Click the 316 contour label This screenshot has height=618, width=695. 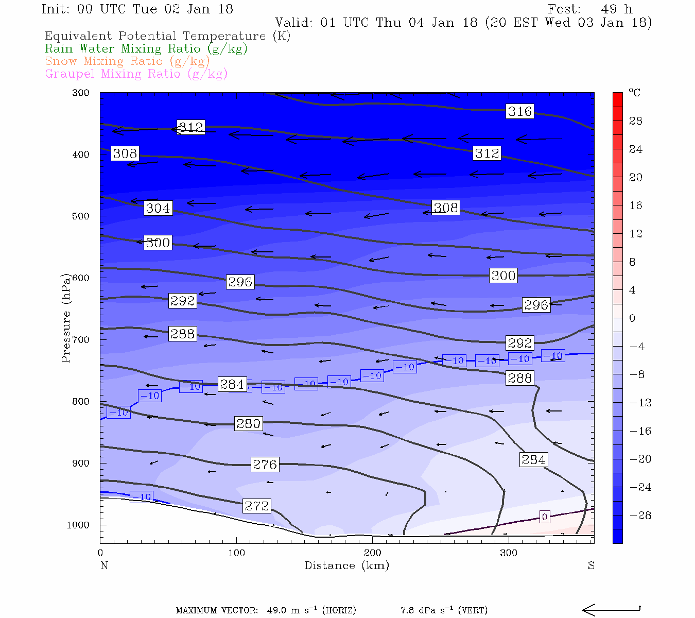[x=519, y=111]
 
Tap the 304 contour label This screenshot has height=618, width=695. [x=158, y=208]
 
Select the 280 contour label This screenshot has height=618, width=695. [x=248, y=423]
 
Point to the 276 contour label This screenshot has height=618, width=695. [x=265, y=465]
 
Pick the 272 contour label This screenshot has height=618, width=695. [x=256, y=506]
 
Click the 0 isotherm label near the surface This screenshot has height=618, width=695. [x=545, y=517]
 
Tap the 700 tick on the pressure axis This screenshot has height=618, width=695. [x=81, y=340]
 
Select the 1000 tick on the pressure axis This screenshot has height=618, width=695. [x=78, y=525]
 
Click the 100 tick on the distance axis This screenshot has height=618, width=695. [x=236, y=553]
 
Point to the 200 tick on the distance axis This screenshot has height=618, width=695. [x=372, y=553]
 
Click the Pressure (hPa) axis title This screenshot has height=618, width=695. [x=65, y=318]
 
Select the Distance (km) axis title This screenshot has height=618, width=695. [x=346, y=565]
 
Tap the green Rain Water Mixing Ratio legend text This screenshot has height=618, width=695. [x=146, y=49]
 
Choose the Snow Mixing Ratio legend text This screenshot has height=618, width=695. [x=127, y=61]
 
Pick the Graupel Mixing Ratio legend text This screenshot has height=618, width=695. [x=136, y=74]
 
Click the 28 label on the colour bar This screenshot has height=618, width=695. [x=636, y=121]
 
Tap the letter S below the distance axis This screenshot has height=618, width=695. [x=591, y=565]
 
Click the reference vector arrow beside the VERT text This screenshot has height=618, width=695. [x=611, y=610]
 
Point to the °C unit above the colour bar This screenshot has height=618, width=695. [x=634, y=93]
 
